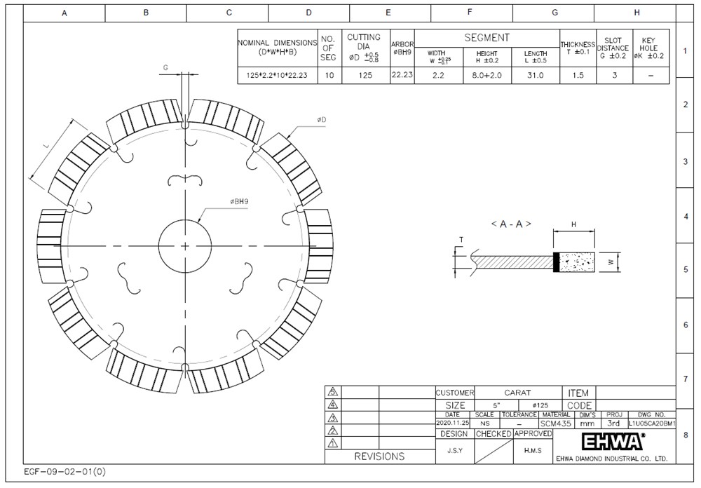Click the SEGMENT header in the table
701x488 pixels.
coord(486,38)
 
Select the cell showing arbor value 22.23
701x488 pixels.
coord(402,75)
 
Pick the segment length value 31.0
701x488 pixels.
coord(536,75)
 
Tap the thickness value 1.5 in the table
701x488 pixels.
coord(577,75)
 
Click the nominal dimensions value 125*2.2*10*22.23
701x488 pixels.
coord(278,75)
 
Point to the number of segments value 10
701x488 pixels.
coord(329,75)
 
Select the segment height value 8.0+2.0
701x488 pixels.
coord(487,75)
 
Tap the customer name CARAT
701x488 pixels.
coord(517,393)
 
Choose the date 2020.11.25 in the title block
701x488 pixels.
coord(452,423)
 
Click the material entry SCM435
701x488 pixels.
coord(555,423)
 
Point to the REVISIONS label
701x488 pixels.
coord(379,456)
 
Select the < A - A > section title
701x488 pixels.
coord(510,224)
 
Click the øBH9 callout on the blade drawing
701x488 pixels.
coord(240,201)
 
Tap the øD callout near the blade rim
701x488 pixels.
coord(321,120)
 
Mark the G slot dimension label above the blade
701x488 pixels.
coord(165,67)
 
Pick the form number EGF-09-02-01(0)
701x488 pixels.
coord(65,472)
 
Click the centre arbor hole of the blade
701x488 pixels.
coord(185,245)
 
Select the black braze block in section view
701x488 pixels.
coord(557,262)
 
